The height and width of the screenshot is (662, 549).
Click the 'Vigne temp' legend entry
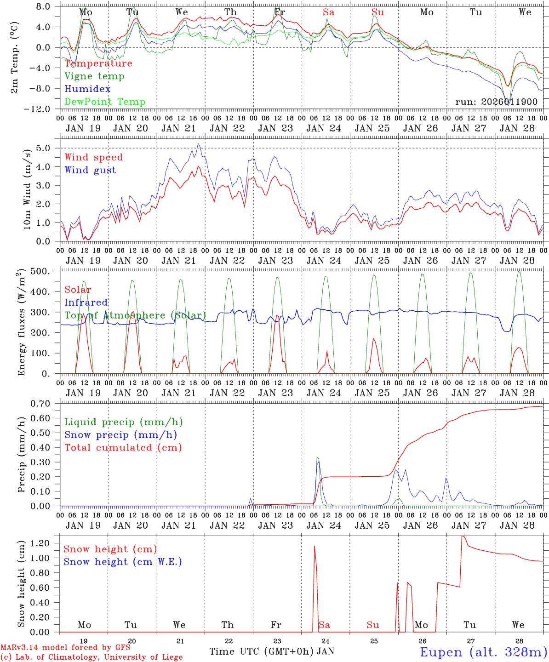(94, 76)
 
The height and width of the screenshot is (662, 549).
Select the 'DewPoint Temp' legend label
(105, 102)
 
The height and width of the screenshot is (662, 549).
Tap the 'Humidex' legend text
(87, 89)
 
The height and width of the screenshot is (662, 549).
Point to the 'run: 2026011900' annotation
(496, 102)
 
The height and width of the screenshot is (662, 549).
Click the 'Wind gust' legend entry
(90, 170)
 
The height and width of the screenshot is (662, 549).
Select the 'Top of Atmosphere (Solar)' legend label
(135, 315)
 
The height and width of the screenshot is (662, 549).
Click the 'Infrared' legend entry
(86, 302)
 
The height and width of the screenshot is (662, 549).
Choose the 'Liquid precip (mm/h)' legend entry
(123, 422)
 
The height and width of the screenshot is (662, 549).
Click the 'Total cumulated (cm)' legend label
(123, 448)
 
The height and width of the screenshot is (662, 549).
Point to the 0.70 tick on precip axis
(46, 404)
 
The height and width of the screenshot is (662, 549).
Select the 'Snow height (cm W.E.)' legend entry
(122, 562)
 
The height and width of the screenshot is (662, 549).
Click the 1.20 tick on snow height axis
(46, 543)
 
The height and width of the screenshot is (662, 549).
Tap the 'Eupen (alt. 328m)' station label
(483, 652)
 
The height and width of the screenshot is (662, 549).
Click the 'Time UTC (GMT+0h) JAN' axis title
(271, 651)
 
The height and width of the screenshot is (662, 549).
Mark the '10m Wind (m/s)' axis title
(27, 189)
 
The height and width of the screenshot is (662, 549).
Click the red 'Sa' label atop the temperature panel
(328, 12)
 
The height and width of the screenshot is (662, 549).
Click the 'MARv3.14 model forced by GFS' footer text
(65, 648)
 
